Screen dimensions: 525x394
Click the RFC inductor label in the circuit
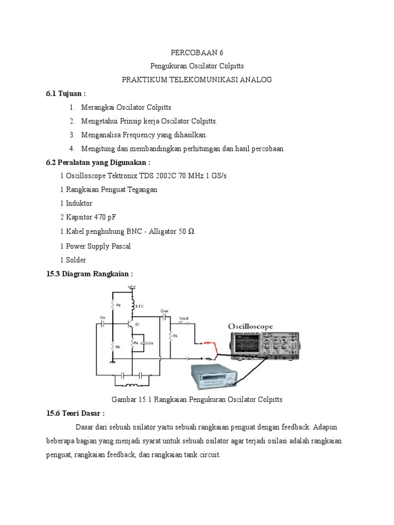[140, 306]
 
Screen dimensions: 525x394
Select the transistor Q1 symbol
[131, 325]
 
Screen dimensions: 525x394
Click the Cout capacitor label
[164, 311]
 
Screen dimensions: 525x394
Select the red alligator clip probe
[208, 345]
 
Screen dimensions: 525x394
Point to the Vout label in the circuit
[183, 318]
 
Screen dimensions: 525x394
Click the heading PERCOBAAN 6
[197, 53]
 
